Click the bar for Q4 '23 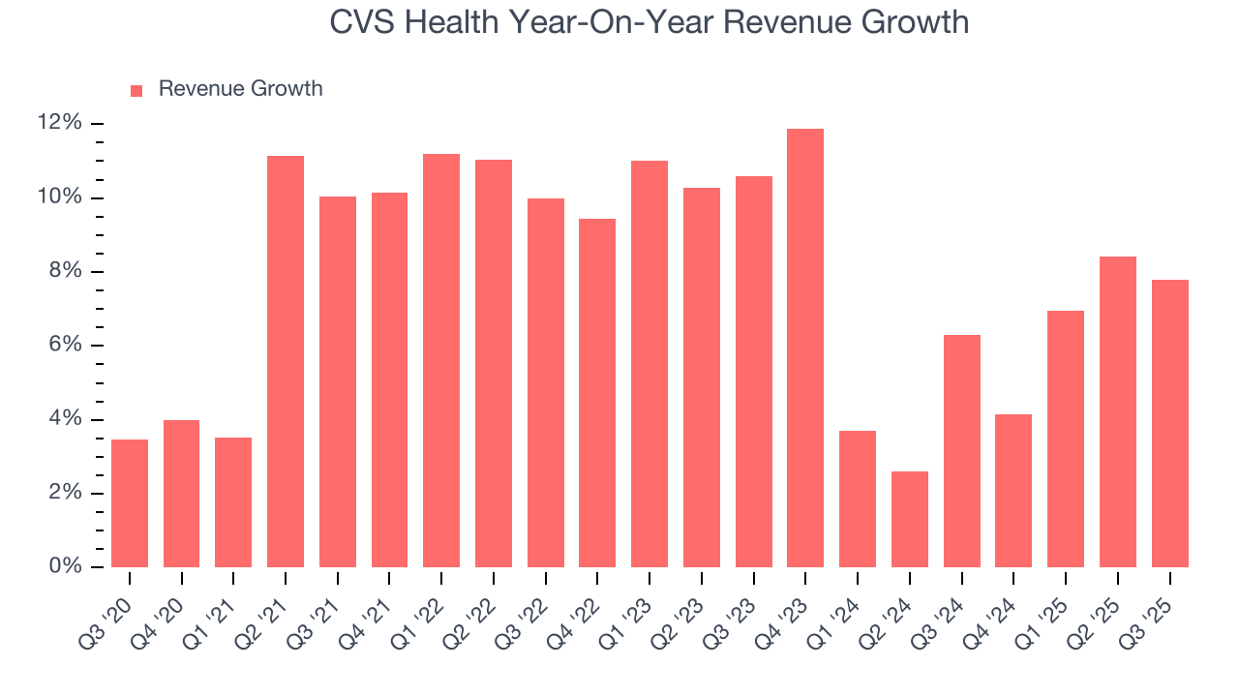pos(805,348)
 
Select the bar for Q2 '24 pos(909,520)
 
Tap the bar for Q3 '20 pos(130,503)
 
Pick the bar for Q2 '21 pos(286,362)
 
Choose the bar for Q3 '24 pos(961,451)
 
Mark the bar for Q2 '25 pos(1117,412)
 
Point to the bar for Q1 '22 pos(441,361)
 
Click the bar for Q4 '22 pos(597,393)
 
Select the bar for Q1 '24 pos(858,500)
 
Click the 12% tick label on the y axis pos(59,123)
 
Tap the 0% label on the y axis pos(64,567)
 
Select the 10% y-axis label pos(59,197)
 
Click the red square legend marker pos(136,90)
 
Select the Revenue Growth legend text pos(240,89)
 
